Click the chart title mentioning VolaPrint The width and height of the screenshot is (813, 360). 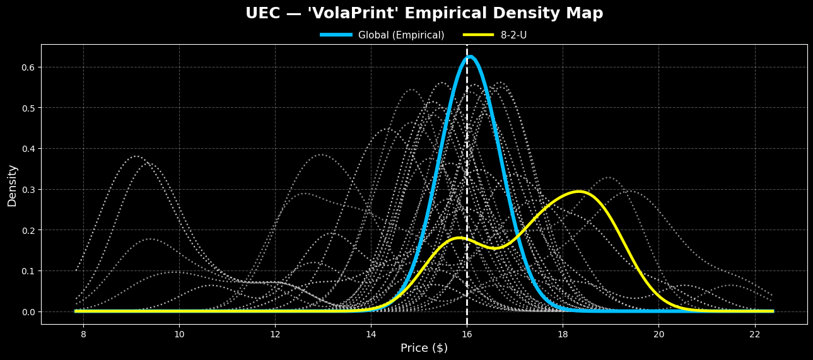[424, 13]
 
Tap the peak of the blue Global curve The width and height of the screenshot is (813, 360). [469, 57]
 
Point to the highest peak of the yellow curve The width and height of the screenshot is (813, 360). [578, 191]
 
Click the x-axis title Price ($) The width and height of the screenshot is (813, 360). [424, 348]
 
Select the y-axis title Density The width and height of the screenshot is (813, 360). [12, 185]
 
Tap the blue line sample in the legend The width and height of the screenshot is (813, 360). [336, 35]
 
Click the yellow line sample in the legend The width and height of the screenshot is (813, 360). [479, 35]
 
